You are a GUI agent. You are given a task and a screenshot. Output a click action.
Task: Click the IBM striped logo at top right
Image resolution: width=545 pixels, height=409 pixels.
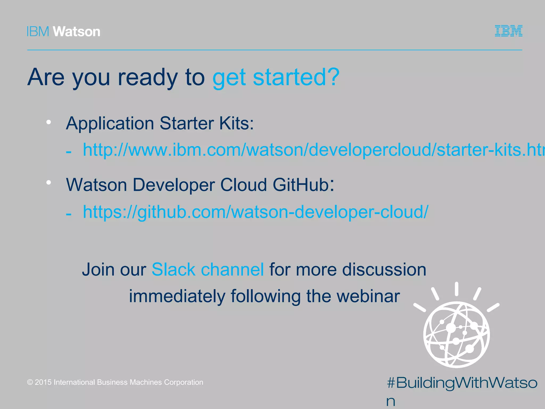pos(508,31)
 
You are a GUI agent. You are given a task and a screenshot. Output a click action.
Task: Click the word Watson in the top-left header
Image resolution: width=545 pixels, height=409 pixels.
pos(77,32)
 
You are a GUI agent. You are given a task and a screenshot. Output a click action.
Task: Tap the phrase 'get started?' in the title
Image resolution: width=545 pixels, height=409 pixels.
pos(276,77)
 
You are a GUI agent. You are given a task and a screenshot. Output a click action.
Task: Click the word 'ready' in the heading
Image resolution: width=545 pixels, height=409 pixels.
pos(148,77)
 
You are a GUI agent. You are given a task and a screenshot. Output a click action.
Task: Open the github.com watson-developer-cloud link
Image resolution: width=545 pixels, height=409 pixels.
pos(255,212)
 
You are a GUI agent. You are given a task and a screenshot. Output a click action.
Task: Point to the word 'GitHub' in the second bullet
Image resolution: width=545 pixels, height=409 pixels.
pos(301,185)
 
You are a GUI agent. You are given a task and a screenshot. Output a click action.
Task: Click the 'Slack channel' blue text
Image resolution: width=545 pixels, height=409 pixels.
pos(208,269)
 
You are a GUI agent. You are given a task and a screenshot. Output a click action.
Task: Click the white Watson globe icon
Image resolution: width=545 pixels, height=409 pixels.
pos(457,335)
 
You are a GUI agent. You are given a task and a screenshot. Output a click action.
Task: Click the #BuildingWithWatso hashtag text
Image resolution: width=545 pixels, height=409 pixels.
pos(462,383)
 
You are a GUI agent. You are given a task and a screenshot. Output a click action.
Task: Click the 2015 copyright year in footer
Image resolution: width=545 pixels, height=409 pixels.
pos(43,382)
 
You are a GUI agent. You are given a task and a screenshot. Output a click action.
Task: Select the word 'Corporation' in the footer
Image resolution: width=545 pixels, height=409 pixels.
pos(183,382)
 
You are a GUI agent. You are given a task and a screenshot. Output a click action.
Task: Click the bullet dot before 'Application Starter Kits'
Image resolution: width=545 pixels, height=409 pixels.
pos(48,122)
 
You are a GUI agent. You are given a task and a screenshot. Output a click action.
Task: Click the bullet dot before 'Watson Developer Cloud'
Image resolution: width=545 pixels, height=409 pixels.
pos(48,182)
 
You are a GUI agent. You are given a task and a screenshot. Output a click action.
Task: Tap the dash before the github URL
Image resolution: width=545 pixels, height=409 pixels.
pos(69,214)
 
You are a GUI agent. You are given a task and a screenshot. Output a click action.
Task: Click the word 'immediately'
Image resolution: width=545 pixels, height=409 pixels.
pos(177,296)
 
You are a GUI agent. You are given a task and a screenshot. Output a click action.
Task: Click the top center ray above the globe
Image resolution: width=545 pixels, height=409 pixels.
pos(457,289)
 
